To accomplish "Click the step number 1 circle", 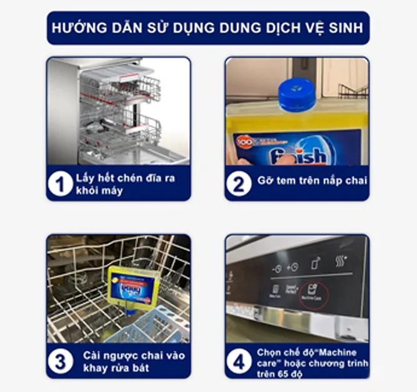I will pos(61,184).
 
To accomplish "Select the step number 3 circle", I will pos(61,361).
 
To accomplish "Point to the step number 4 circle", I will pos(239,361).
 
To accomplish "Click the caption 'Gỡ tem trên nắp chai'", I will pos(312,181).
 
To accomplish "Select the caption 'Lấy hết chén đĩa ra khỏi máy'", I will pos(125,184).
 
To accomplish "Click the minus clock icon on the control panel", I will pos(276,267).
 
